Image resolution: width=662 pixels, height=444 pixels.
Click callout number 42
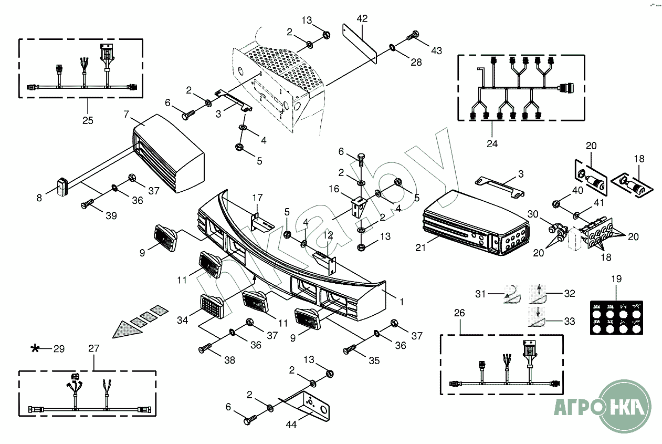[x=362, y=18]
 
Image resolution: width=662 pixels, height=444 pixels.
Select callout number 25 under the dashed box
[x=88, y=120]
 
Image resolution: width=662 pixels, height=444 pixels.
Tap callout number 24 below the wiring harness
[x=492, y=143]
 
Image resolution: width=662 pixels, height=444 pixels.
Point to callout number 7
[x=126, y=114]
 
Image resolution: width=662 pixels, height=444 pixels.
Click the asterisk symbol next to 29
[x=35, y=348]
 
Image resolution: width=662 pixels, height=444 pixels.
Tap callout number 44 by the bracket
[x=291, y=424]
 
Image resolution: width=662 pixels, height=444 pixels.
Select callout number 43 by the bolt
[x=436, y=50]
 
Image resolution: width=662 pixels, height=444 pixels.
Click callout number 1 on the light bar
[x=402, y=302]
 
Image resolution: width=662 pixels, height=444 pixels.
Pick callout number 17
[x=257, y=198]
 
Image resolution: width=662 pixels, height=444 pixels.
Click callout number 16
[x=334, y=189]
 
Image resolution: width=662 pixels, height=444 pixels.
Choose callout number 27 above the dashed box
[x=93, y=348]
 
